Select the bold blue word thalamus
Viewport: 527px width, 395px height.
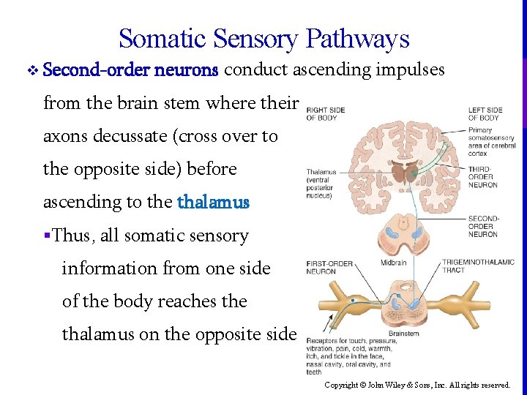(214, 201)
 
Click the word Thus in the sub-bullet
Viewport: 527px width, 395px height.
(70, 236)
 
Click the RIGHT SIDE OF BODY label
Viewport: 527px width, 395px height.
(325, 113)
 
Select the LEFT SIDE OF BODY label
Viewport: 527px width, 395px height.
(484, 113)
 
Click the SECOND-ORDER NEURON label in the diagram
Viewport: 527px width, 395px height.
(483, 226)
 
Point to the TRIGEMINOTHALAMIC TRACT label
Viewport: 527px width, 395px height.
(479, 266)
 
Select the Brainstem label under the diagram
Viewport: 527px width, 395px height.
(403, 334)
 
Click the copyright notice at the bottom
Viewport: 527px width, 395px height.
(417, 385)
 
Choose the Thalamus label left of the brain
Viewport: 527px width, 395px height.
(322, 184)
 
